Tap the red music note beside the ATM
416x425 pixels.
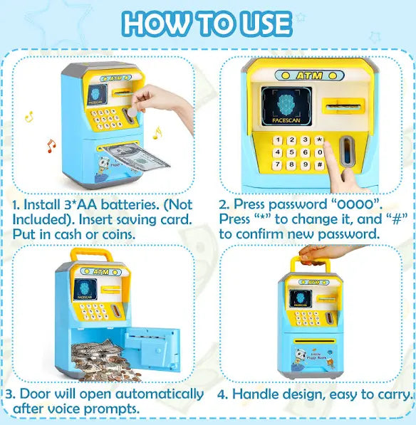pyautogui.click(x=51, y=146)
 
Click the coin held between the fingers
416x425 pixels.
pyautogui.click(x=133, y=115)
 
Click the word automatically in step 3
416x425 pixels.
pyautogui.click(x=157, y=394)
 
